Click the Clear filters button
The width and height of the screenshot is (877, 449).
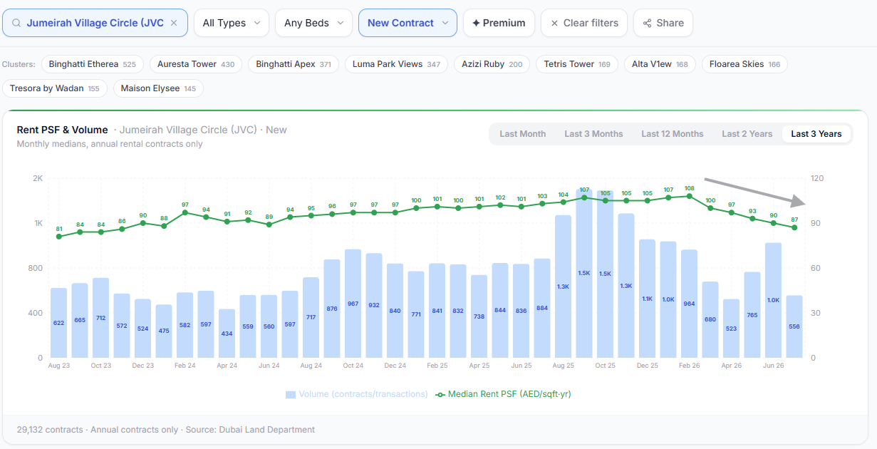(584, 23)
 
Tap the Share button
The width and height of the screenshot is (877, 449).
(663, 23)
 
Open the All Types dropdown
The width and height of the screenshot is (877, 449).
(232, 23)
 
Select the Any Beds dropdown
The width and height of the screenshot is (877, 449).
(313, 23)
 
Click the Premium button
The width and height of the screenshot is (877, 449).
(499, 23)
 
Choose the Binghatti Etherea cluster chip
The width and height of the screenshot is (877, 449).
(93, 64)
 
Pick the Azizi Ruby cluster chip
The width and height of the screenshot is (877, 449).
(492, 64)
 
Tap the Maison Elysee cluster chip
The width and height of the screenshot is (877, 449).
(158, 88)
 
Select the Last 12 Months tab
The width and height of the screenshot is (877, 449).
(673, 134)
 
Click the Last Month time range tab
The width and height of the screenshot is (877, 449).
(523, 134)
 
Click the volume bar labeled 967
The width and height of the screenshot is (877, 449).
(353, 304)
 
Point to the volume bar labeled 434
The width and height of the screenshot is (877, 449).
(227, 334)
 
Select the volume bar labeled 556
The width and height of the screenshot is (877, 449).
(794, 326)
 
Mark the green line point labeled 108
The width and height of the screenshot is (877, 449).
(690, 196)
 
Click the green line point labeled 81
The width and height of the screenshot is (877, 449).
(59, 237)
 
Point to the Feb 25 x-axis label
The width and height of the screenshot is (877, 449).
(437, 366)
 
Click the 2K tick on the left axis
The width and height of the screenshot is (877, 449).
(38, 178)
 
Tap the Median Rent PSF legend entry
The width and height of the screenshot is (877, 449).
(504, 394)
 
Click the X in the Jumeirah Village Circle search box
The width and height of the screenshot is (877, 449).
(174, 23)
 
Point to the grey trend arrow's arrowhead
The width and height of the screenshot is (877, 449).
(799, 202)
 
